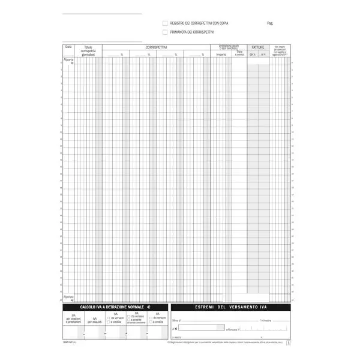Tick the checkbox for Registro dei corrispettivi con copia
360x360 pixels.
(165, 23)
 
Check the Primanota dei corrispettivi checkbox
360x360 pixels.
(165, 32)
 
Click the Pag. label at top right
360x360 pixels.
(271, 23)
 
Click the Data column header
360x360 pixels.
(68, 47)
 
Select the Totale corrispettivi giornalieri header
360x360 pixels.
(88, 51)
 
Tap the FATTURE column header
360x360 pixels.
(258, 47)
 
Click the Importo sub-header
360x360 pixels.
(221, 55)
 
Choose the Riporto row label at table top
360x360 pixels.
(68, 61)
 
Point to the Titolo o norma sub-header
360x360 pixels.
(239, 53)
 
